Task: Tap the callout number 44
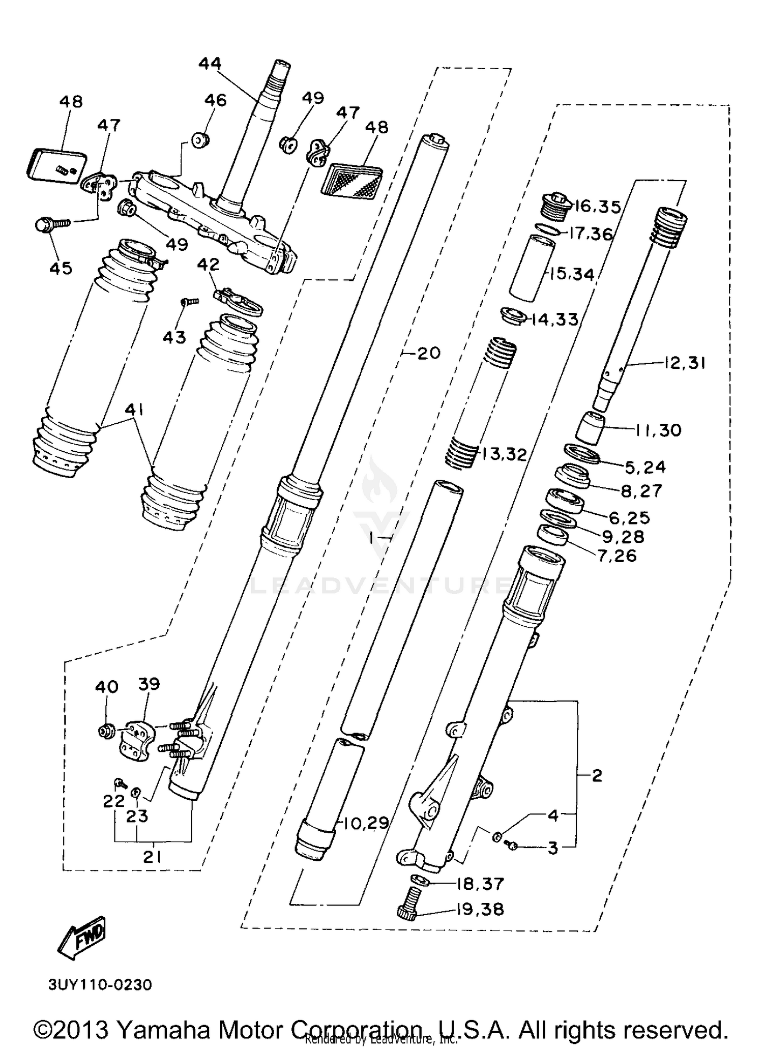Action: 210,64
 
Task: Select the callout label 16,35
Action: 598,207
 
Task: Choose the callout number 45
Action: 61,268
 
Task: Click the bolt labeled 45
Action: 51,224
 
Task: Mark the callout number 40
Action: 107,687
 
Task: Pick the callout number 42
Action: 208,265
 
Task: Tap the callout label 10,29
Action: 363,823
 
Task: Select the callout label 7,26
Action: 617,556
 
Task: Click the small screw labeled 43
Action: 189,302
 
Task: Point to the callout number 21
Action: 152,857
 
